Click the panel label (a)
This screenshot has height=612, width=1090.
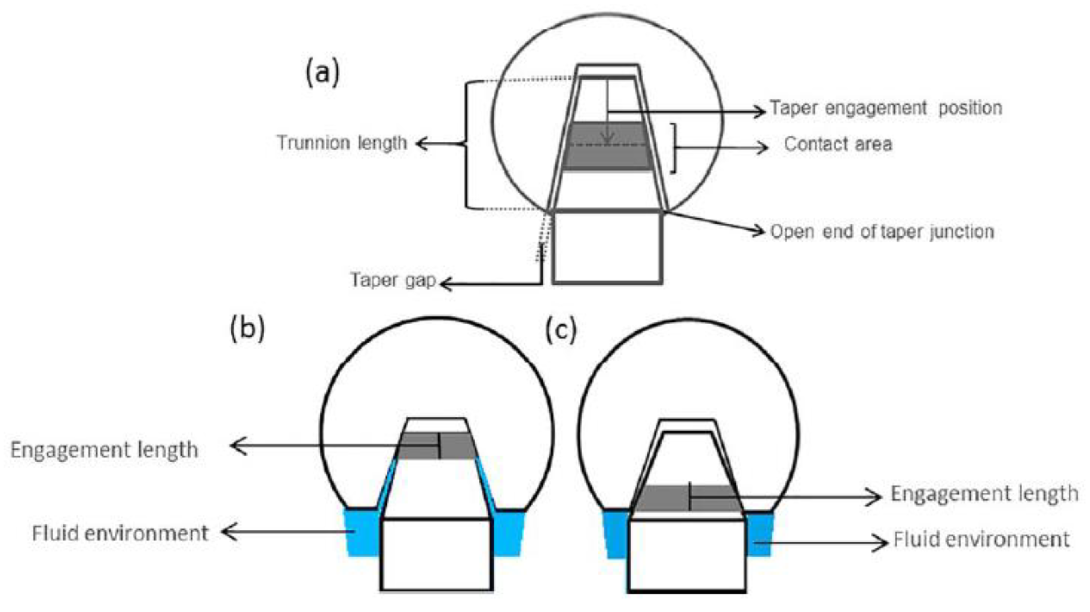pos(322,73)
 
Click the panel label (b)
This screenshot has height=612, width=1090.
pos(247,329)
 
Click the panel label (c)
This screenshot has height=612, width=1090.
pos(561,330)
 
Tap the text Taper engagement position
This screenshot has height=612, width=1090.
pos(886,108)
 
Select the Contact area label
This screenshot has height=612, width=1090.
pos(838,144)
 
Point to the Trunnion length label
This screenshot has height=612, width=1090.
pos(342,143)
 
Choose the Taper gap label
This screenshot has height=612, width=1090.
pos(393,280)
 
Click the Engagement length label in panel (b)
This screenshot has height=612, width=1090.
pos(104,450)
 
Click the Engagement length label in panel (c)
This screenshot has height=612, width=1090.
pos(984,493)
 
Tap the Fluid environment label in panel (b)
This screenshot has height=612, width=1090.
pos(120,533)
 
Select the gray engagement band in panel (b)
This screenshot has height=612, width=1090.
pos(417,446)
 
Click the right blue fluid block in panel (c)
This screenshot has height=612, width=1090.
pos(760,535)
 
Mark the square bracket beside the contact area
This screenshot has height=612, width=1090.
pos(674,148)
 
